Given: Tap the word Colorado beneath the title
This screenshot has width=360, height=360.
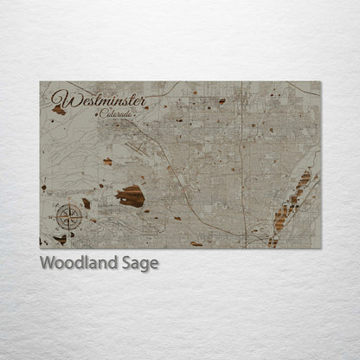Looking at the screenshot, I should pos(116,113).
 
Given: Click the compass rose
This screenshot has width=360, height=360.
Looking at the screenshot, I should pos(68,215).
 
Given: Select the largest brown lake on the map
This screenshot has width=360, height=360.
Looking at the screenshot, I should pos(130,196).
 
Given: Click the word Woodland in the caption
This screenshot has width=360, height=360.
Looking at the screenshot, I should pos(73,263).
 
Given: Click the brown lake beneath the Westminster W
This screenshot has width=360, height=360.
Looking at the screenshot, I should pos(59,110).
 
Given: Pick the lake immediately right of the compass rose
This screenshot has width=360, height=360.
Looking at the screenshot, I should pos(87,203).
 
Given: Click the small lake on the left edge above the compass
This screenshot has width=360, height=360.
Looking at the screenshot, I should pos(43,186).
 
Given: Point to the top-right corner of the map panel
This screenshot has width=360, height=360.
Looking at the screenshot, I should pos(320,82).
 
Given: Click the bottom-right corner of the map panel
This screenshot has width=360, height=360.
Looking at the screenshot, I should pos(320,248).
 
